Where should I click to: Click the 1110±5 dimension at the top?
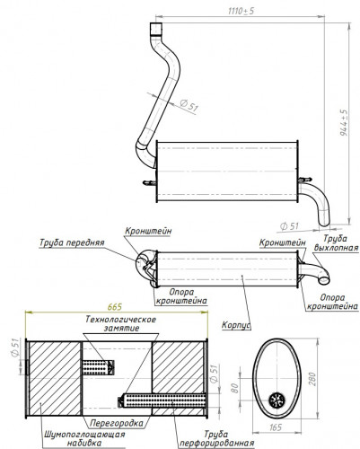(241, 11)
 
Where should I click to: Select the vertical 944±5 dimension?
(344, 122)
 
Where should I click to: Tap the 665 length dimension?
(115, 307)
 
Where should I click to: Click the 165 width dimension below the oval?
(276, 427)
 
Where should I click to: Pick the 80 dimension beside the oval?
(235, 388)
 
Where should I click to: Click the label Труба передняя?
(72, 242)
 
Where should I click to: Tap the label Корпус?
(236, 325)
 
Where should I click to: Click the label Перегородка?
(117, 423)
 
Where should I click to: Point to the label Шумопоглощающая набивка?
(84, 438)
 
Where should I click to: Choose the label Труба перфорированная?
(216, 438)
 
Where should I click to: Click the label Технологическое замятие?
(121, 323)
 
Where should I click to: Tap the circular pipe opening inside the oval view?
(277, 401)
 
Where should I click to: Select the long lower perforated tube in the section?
(162, 401)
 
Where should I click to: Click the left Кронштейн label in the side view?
(148, 231)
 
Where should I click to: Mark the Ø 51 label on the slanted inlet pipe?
(189, 105)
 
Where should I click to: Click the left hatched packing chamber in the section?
(54, 378)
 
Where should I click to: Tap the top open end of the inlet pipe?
(156, 23)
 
